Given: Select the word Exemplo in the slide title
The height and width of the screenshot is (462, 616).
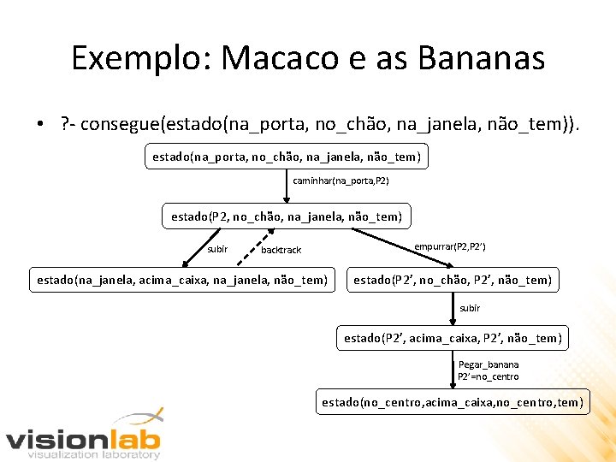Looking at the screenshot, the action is click(140, 58).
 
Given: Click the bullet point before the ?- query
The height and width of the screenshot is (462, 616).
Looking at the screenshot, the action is click(40, 127).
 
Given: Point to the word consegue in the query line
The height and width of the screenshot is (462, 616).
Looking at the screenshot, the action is click(124, 127).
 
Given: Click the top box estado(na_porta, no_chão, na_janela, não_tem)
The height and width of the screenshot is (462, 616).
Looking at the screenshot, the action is click(287, 157).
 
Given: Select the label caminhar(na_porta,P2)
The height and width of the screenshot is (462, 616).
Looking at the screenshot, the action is click(341, 181).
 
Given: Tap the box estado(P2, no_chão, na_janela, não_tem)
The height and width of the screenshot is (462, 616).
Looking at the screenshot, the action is click(286, 216).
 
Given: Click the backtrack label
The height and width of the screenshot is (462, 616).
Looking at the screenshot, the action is click(281, 250).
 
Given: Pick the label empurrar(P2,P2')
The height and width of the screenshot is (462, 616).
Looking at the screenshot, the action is click(450, 246).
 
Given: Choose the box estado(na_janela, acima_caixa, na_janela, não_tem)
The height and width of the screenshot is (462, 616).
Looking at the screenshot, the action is click(182, 279).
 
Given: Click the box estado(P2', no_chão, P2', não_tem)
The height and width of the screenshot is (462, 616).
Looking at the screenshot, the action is click(453, 279).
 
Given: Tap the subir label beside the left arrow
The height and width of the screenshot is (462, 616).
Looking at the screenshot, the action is click(217, 249).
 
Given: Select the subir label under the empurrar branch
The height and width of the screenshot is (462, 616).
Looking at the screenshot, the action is click(470, 308).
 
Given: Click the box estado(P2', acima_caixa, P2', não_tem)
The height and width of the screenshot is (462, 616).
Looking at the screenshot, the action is click(453, 338).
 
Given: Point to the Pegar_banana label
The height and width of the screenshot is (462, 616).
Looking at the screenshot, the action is click(489, 364).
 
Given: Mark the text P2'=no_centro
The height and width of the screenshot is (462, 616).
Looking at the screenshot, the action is click(488, 376).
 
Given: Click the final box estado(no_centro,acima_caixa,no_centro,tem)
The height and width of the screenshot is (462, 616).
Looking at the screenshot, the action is click(453, 401).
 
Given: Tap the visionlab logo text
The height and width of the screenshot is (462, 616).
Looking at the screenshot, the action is click(83, 440).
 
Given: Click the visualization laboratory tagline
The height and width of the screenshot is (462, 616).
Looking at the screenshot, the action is click(94, 455).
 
